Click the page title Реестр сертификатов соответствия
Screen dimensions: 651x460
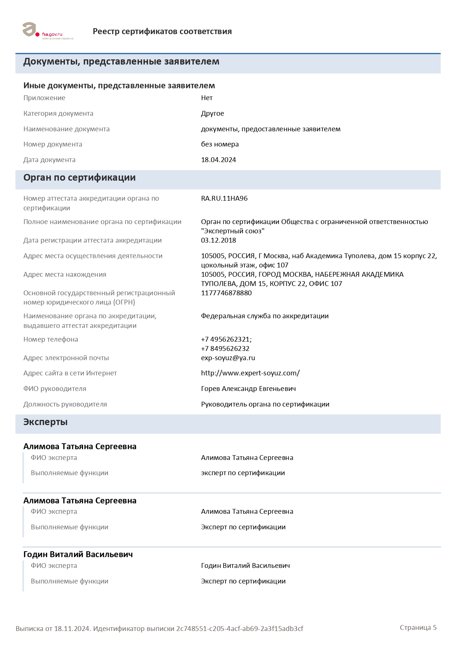(x=162, y=32)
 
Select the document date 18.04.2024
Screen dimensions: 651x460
(x=218, y=160)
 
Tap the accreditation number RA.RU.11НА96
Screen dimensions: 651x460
(x=224, y=198)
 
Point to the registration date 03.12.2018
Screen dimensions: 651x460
(x=218, y=240)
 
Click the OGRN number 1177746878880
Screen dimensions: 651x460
(x=226, y=293)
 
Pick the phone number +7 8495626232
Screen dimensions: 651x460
(x=225, y=349)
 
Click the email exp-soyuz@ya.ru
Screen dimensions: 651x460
(x=228, y=358)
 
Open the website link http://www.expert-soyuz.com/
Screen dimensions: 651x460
(x=250, y=373)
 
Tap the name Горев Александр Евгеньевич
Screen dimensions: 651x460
(x=248, y=389)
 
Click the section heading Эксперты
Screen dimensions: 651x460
(x=45, y=422)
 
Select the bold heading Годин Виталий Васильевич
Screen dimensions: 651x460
(x=78, y=555)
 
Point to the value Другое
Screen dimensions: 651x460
(x=213, y=114)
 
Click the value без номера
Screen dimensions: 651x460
(x=220, y=144)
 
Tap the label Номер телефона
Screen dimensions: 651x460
(x=51, y=339)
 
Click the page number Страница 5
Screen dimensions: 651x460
(x=418, y=628)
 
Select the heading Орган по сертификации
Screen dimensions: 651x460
(x=79, y=178)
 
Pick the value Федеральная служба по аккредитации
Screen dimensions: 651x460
(x=265, y=316)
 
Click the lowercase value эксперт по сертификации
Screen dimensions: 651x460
(x=243, y=473)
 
